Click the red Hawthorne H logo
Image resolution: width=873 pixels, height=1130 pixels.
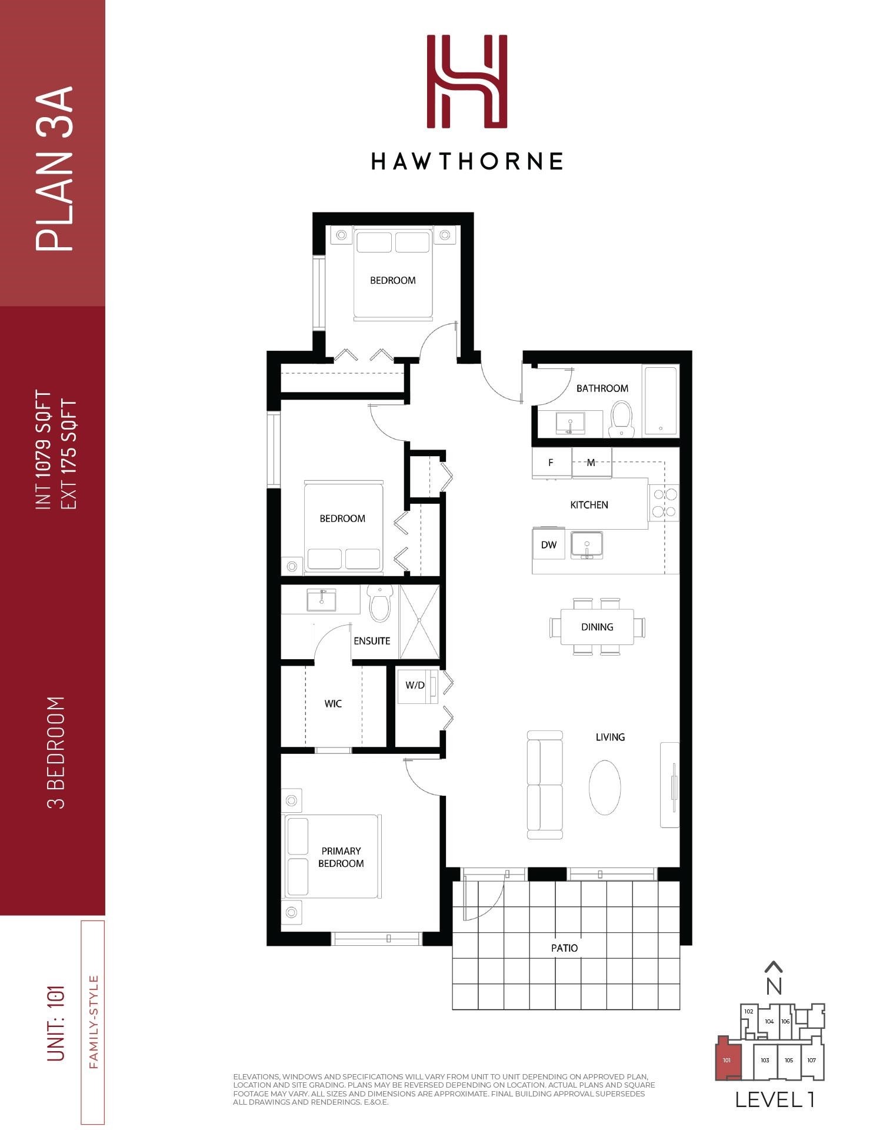467,81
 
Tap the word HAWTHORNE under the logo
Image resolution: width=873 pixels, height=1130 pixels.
467,161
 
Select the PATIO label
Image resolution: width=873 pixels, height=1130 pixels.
564,948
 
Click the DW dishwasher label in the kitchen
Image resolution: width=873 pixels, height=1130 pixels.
549,545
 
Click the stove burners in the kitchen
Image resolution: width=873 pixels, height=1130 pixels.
664,503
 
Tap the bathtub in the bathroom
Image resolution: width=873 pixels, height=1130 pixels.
662,401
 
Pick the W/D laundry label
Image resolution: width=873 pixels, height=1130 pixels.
415,685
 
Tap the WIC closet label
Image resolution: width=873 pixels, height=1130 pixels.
333,704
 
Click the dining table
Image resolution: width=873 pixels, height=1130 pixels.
597,627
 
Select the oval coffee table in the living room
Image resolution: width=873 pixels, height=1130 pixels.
605,787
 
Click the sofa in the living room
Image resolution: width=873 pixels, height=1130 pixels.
545,785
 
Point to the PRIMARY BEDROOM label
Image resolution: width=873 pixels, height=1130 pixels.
341,857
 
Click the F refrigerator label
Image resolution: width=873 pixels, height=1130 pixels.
551,463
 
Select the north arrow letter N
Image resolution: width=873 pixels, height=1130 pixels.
774,986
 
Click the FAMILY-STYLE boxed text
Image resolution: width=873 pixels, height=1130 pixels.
92,1022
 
